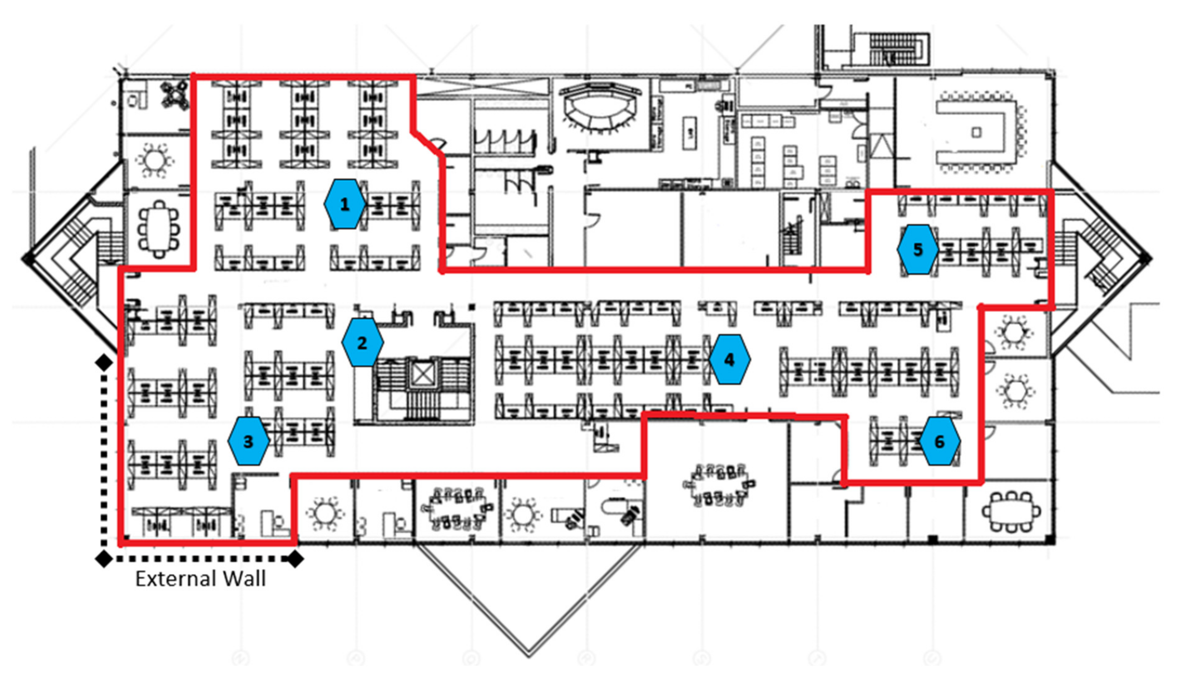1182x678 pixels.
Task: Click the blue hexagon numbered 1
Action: coord(344,204)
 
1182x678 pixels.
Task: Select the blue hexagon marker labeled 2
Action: coord(362,343)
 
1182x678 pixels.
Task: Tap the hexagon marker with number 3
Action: coord(248,441)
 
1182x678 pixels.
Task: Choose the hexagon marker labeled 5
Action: coord(917,249)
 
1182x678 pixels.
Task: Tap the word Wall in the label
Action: coord(244,579)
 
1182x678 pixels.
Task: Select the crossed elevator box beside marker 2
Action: coord(423,374)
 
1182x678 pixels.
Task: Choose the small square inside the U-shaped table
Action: coord(976,132)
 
